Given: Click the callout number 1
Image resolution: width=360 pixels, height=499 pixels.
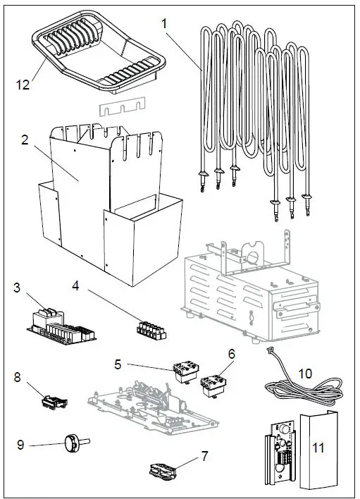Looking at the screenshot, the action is tap(164, 23).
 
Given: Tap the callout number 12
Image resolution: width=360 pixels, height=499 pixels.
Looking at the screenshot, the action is tap(23, 85).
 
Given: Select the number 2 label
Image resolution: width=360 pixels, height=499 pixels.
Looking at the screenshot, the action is tap(25, 140).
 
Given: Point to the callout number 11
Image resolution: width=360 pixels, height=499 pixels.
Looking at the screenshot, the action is tap(318, 448).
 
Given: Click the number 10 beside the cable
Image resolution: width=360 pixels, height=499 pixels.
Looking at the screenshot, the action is tap(305, 374).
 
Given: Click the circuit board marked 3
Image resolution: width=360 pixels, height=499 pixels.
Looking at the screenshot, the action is tap(61, 327).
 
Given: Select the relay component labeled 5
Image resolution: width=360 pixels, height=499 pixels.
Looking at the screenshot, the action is tap(186, 373).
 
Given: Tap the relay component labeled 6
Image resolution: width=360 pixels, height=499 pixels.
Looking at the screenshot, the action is tap(213, 386).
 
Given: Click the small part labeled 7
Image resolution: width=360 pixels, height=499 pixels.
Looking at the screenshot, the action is tap(163, 472).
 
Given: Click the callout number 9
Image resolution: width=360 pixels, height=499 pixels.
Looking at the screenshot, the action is tap(20, 445).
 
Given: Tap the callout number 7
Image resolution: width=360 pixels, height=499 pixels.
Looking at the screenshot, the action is tap(204, 456).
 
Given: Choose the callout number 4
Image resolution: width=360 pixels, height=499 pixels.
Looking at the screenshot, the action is tap(75, 285).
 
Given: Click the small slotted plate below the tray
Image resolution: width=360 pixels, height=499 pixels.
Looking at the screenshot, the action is tap(123, 106).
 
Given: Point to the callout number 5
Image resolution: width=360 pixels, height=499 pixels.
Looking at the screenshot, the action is tap(118, 364).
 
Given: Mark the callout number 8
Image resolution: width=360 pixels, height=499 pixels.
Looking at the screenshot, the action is tap(17, 377).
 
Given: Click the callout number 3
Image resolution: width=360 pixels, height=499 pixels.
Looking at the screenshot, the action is tap(16, 288).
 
